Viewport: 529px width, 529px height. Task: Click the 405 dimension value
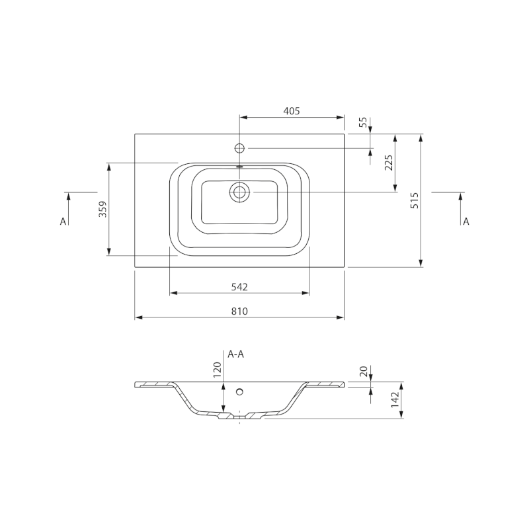(x=292, y=110)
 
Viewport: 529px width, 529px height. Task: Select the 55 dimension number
(x=362, y=122)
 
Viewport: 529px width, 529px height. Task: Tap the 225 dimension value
(x=389, y=163)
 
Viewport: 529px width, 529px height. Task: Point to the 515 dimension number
(x=415, y=200)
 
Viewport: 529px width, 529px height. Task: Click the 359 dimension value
(x=102, y=209)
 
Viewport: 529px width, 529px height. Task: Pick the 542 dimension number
(x=239, y=287)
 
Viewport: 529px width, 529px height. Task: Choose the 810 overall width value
(x=239, y=311)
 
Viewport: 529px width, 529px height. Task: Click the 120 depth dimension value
(x=217, y=370)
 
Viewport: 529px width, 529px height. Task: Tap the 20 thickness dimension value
(x=363, y=372)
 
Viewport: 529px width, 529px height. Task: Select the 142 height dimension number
(x=395, y=400)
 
